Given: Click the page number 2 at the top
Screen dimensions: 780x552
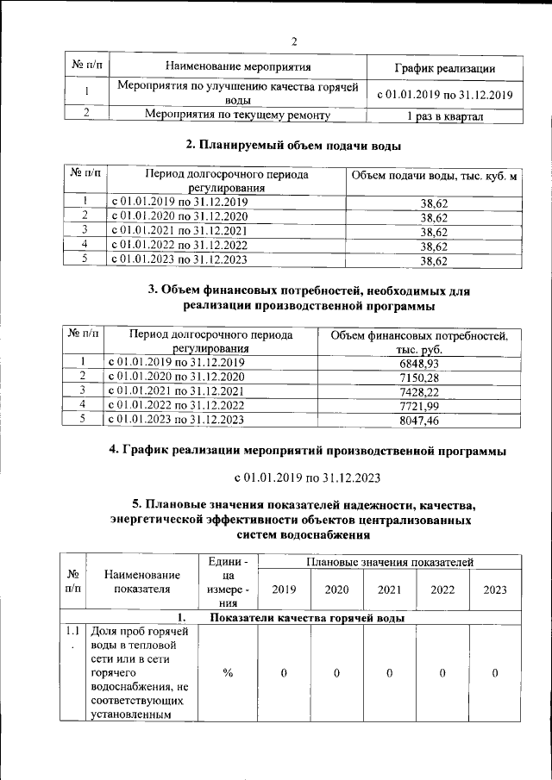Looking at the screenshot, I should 293,41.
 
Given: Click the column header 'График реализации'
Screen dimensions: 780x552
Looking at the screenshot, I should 445,67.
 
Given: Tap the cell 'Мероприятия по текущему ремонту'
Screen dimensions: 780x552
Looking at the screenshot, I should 237,114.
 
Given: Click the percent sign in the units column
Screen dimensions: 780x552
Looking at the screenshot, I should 228,672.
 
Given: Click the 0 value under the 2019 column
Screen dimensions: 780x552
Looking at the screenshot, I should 283,672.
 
